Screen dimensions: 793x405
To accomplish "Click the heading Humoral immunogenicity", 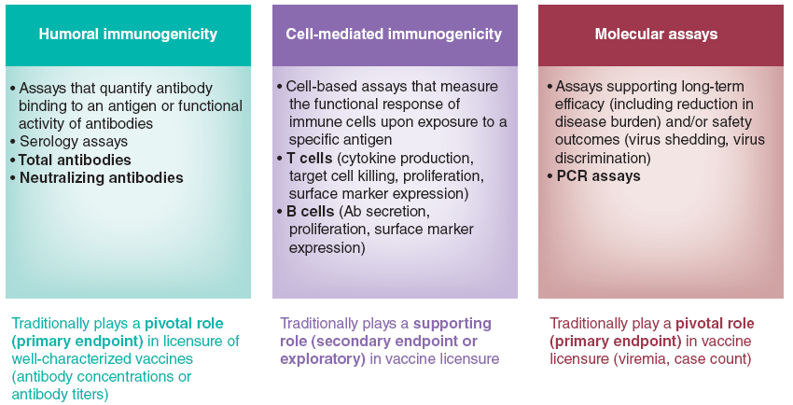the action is [128, 35].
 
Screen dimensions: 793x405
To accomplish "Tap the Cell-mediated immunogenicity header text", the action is [394, 35].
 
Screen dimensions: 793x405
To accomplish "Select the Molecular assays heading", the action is [656, 35].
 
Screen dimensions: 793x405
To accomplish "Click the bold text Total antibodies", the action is [75, 160].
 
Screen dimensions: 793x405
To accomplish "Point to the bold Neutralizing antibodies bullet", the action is [101, 178].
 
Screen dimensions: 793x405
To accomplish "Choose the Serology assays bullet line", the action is [74, 142].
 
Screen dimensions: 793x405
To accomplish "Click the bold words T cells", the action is [310, 159].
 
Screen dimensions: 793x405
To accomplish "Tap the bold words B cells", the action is [311, 211].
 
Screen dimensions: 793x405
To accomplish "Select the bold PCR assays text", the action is [598, 176].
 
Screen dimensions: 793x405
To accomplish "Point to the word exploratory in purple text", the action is [323, 359].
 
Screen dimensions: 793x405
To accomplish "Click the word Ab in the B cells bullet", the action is [349, 211].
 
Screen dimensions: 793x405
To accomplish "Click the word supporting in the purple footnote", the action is [452, 324].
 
